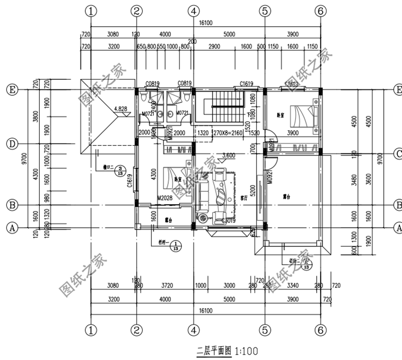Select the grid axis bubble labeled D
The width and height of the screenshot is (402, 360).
pos(12,144)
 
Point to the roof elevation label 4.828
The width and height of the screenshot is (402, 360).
pos(121,109)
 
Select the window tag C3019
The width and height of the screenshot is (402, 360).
pos(229,220)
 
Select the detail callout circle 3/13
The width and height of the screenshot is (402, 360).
pos(122,170)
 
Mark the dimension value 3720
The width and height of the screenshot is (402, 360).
pos(167,286)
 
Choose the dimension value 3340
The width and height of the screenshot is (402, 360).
pos(293,286)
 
